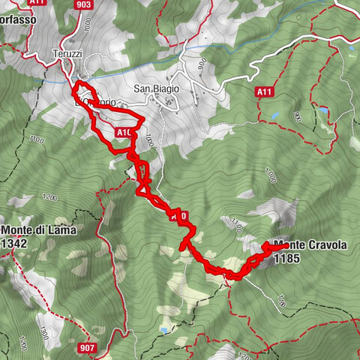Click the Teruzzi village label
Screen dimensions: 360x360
click(66, 55)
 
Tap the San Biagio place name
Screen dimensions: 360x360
click(157, 88)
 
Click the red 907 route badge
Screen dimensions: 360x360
click(87, 347)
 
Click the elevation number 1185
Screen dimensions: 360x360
click(287, 259)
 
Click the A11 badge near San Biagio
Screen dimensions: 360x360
click(262, 91)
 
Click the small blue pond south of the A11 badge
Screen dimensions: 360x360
click(273, 117)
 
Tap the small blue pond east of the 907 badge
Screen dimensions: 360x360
click(163, 330)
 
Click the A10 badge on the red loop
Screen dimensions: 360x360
click(124, 133)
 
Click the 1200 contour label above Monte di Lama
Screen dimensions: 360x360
click(50, 198)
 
